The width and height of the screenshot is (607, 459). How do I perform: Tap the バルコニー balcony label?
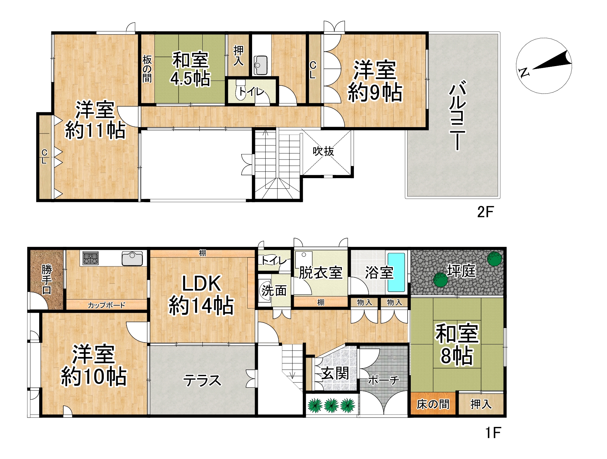[x=457, y=117]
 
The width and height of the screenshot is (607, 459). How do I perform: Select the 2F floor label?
[x=485, y=212]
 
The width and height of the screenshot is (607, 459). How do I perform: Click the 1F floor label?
[x=493, y=433]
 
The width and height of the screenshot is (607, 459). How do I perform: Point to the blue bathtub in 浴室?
[x=396, y=272]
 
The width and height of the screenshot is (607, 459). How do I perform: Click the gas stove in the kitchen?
[x=91, y=258]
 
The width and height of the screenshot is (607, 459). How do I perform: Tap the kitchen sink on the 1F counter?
[x=132, y=259]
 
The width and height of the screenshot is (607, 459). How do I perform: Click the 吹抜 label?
[x=323, y=151]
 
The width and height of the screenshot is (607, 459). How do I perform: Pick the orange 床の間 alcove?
[x=433, y=404]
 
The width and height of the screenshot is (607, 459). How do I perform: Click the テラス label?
[x=202, y=381]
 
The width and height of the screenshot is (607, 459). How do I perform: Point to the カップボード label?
[x=107, y=305]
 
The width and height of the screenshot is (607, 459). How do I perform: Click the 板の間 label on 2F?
[x=147, y=69]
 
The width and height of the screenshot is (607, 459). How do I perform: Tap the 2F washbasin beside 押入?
[x=260, y=65]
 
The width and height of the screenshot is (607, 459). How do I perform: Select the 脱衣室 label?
[x=321, y=273]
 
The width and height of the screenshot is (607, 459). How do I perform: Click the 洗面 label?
[x=274, y=291]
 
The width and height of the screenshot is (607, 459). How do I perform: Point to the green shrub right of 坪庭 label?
[x=494, y=259]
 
